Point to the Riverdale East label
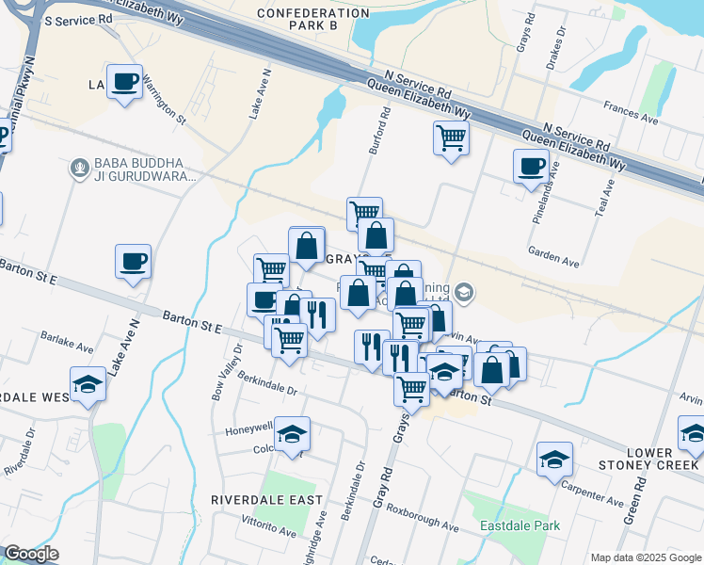(x=266, y=499)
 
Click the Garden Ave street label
(x=552, y=256)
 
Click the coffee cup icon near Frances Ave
(x=531, y=166)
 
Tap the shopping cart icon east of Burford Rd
(x=452, y=138)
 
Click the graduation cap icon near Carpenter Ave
(x=555, y=460)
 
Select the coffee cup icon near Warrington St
(x=124, y=81)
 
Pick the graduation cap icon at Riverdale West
(x=88, y=385)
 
